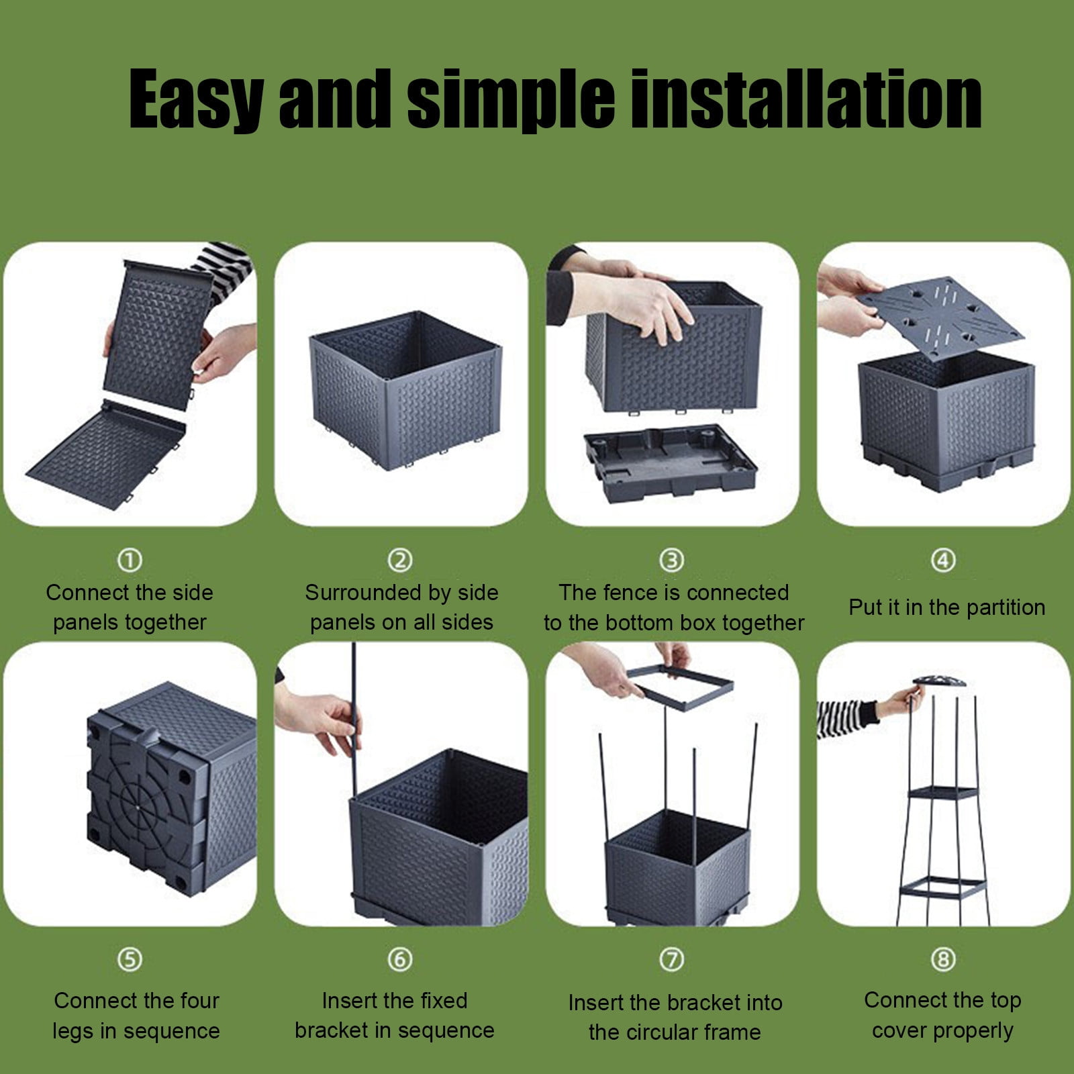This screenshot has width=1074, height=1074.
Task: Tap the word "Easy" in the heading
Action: (x=197, y=101)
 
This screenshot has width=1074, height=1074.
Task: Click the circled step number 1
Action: (x=130, y=560)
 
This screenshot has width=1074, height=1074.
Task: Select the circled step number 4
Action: (x=943, y=560)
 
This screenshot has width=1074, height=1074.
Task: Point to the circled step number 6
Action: (x=400, y=959)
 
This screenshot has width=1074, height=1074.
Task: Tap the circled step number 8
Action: (x=943, y=959)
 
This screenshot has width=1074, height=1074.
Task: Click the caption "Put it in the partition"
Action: (x=947, y=607)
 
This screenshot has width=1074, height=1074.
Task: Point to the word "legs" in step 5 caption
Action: (x=74, y=1032)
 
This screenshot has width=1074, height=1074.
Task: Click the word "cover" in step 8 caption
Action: (x=901, y=1030)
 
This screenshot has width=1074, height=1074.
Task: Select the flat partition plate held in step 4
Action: (x=940, y=318)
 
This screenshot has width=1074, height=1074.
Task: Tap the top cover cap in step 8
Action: (x=938, y=681)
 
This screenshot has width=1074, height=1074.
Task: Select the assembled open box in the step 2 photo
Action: (x=405, y=389)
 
